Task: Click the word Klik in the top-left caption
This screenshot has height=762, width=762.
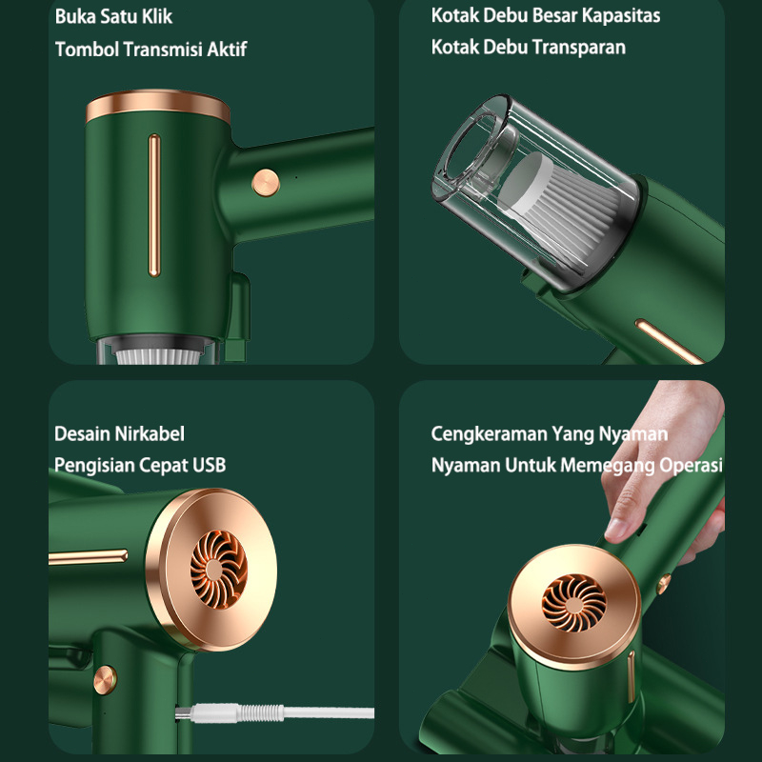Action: tap(157, 16)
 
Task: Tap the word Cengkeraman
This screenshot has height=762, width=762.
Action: tap(489, 434)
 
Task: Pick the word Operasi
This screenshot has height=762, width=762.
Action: tap(691, 465)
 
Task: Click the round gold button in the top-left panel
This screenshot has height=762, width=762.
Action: tap(266, 183)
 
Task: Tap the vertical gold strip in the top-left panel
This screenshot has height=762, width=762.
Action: tap(154, 205)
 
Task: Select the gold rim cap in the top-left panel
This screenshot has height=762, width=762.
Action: tap(158, 106)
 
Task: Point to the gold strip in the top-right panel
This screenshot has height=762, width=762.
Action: tap(670, 341)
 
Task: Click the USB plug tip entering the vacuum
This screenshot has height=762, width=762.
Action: tap(183, 713)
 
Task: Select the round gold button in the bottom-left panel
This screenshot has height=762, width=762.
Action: tap(106, 679)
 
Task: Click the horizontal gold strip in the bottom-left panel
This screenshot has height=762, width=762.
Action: tap(88, 557)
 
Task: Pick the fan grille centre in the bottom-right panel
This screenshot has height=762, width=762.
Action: tap(574, 603)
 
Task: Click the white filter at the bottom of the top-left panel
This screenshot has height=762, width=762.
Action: tap(158, 356)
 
